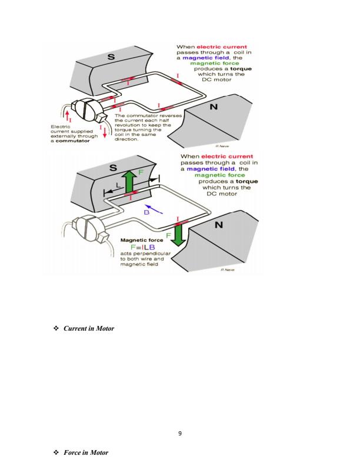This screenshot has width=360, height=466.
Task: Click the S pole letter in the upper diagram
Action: (110, 57)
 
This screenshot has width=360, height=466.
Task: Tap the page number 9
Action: (179, 434)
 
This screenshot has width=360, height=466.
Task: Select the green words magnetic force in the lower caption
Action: (214, 174)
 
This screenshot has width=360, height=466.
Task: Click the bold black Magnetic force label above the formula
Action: (139, 240)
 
